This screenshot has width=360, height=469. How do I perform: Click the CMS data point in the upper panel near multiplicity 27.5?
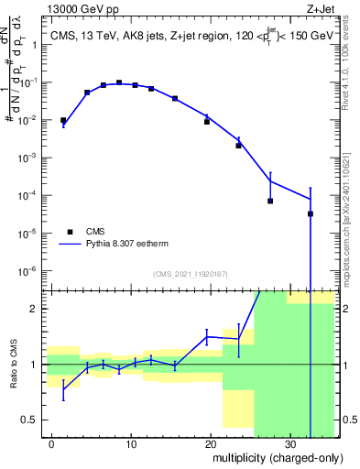270,201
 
